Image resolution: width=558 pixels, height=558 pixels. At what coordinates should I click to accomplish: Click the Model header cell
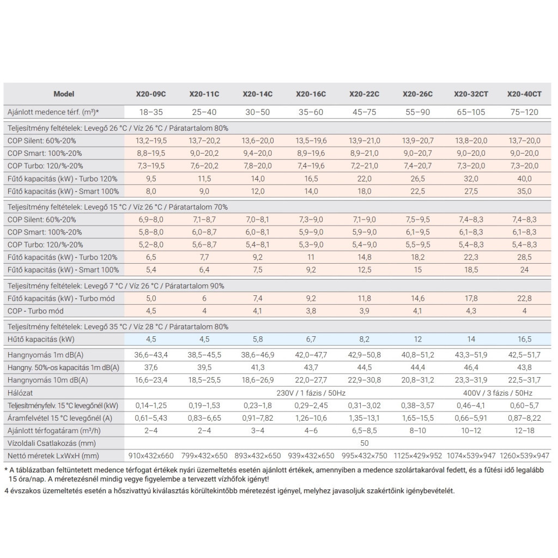coord(64,94)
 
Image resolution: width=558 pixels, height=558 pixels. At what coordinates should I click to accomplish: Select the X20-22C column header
coord(364,94)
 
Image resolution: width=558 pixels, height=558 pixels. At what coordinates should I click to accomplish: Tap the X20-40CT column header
coord(524,94)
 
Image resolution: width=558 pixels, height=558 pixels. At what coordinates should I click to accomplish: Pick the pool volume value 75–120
coord(524,112)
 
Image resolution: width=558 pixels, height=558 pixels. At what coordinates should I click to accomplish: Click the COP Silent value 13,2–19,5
coord(151,141)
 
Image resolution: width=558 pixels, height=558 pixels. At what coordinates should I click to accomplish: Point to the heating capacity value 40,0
coord(524,178)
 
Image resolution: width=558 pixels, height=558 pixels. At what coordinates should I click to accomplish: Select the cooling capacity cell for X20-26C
coord(417,339)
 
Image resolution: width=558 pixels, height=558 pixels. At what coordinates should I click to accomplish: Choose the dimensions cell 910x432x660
coord(151,456)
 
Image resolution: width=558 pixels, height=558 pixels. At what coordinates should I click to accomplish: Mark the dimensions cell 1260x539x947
coord(524,456)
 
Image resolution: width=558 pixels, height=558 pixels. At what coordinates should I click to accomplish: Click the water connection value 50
coord(364,443)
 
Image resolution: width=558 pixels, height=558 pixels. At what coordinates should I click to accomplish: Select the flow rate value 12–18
coord(524,430)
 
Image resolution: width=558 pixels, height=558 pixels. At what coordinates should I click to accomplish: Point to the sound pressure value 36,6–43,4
coord(151,355)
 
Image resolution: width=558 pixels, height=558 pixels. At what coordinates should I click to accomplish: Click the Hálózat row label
coord(21,393)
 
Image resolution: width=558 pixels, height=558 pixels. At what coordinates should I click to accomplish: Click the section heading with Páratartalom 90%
coord(116,286)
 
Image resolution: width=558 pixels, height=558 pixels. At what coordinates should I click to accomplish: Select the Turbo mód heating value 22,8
coord(524,298)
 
